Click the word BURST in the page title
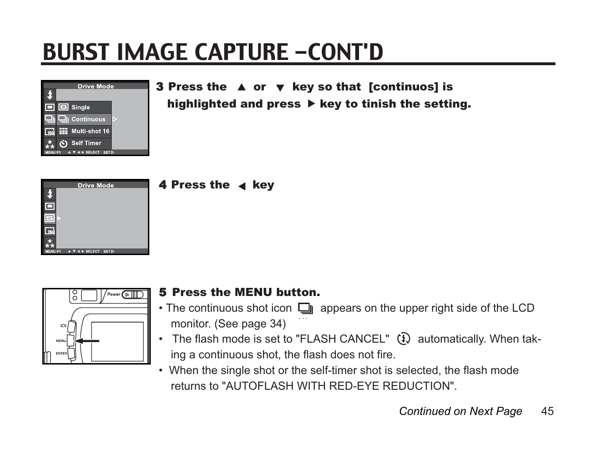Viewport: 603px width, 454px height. click(x=77, y=52)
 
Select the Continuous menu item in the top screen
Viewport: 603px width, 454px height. click(x=88, y=119)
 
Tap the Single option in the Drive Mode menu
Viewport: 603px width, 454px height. click(x=80, y=108)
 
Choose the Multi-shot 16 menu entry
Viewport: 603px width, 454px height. click(x=90, y=131)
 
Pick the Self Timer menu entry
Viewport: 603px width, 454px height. click(x=86, y=143)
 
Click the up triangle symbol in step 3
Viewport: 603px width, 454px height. click(x=242, y=88)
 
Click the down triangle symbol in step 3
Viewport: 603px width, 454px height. click(x=280, y=88)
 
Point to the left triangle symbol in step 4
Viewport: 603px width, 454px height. click(x=242, y=187)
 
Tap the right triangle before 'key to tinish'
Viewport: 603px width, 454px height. click(x=311, y=104)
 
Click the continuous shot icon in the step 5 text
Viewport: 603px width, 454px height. click(x=305, y=309)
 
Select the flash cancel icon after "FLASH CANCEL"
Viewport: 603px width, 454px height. click(x=403, y=339)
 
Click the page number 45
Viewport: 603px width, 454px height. click(x=547, y=411)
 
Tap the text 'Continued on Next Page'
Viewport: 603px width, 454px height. click(x=460, y=411)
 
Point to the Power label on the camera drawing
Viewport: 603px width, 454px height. click(x=114, y=294)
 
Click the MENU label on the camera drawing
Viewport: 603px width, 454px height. click(x=61, y=341)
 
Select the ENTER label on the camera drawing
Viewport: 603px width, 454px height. click(x=61, y=353)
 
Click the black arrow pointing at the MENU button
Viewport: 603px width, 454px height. click(x=88, y=341)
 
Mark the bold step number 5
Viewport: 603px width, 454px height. click(x=163, y=292)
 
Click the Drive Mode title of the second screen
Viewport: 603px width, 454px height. click(x=96, y=185)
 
